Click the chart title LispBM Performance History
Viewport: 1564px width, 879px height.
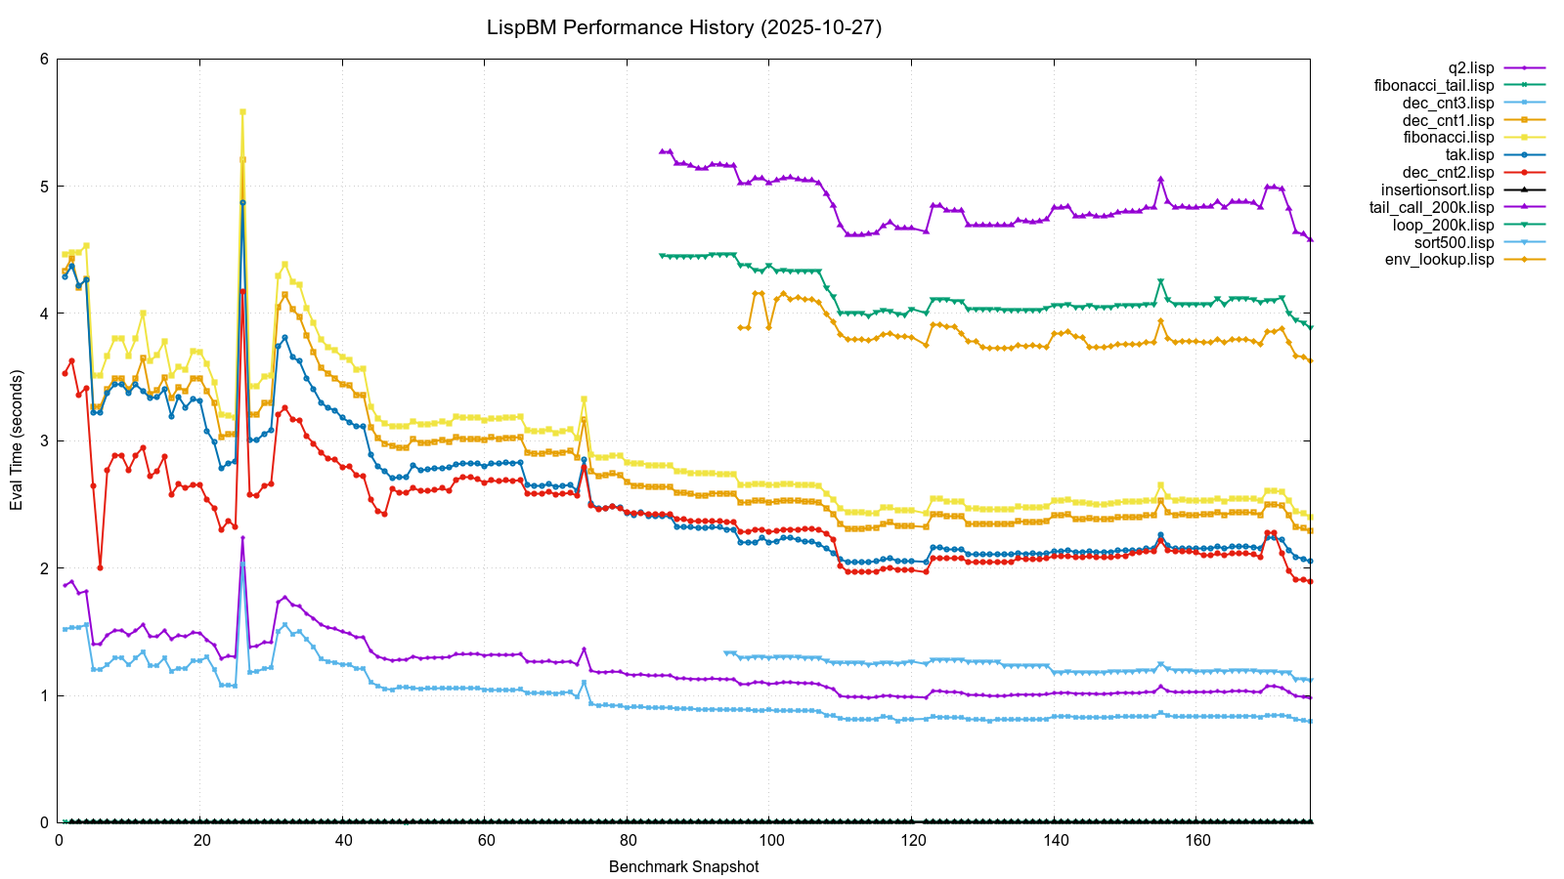click(684, 27)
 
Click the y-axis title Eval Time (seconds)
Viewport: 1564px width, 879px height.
click(17, 440)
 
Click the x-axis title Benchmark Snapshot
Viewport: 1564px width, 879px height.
click(683, 866)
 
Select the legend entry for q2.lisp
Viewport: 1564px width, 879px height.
click(1470, 68)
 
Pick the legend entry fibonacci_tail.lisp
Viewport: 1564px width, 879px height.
click(1434, 86)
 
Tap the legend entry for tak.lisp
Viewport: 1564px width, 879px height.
click(1469, 155)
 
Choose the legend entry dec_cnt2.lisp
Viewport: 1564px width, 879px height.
click(1449, 173)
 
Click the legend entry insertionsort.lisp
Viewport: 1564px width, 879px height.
click(1438, 190)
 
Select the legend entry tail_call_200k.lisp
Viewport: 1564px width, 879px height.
click(1432, 208)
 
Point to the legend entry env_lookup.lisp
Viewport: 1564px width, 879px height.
click(1440, 260)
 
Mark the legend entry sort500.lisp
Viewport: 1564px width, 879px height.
click(1455, 242)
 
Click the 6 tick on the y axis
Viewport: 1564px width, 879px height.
click(44, 59)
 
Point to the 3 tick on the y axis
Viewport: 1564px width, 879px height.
click(44, 440)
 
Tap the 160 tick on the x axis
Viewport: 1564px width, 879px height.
click(1197, 841)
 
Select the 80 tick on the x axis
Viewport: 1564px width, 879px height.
click(628, 841)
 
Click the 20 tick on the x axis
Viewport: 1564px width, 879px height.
click(200, 841)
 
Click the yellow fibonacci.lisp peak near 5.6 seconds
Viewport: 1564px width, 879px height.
click(242, 112)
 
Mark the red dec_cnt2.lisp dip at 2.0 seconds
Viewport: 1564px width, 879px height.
click(100, 567)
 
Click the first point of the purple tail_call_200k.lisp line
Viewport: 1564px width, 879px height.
click(662, 151)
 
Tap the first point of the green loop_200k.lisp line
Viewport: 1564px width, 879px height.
click(662, 255)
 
